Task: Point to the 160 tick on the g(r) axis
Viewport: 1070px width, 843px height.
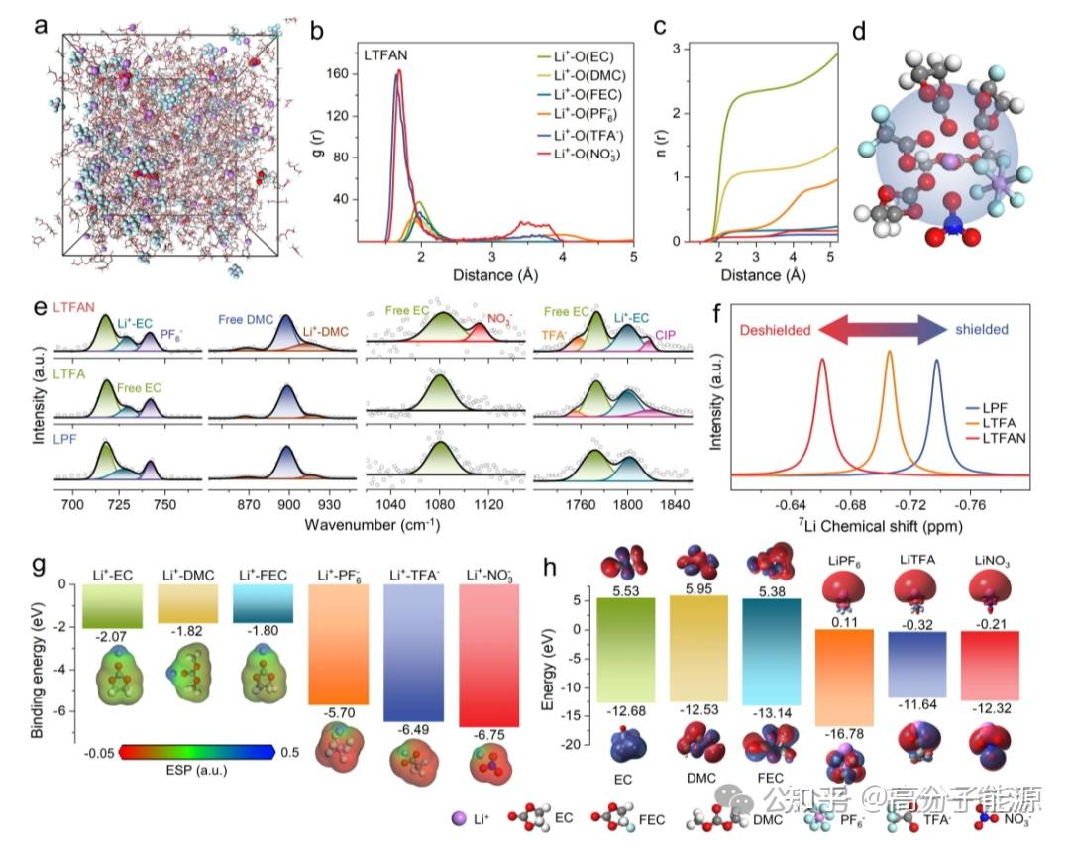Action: click(x=340, y=74)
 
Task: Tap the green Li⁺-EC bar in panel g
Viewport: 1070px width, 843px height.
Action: click(x=114, y=606)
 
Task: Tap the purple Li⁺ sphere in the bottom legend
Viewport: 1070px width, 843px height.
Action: click(x=458, y=818)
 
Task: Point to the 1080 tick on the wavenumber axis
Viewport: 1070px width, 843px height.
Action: click(x=438, y=504)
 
